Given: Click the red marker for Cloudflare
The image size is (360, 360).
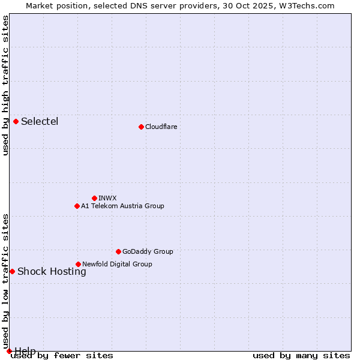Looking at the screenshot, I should [141, 127].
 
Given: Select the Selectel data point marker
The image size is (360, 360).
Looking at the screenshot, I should [16, 122].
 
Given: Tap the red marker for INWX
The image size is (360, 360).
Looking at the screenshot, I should [94, 198].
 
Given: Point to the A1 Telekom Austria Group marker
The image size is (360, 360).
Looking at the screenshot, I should [77, 206].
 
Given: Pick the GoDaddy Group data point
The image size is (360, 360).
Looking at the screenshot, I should [118, 251].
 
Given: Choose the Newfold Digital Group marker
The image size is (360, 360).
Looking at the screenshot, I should [78, 264].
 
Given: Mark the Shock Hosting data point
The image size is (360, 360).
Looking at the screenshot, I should [12, 271].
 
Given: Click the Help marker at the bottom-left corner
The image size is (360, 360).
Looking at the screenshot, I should [9, 351].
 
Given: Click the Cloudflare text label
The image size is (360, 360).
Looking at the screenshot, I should [161, 127].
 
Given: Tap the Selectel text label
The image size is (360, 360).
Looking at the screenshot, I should [40, 122].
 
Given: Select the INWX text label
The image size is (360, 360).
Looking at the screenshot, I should [107, 198].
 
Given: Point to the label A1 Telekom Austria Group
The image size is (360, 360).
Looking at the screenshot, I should [122, 206].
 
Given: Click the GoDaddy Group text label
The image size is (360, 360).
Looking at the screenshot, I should [148, 251].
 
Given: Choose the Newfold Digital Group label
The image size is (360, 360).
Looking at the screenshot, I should [117, 264].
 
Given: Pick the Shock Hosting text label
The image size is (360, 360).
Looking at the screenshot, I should [52, 271].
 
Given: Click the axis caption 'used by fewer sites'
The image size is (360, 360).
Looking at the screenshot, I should [62, 355].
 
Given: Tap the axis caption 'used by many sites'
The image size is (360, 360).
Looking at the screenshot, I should [301, 355].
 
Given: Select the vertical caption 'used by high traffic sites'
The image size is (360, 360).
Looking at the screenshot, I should [5, 85].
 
